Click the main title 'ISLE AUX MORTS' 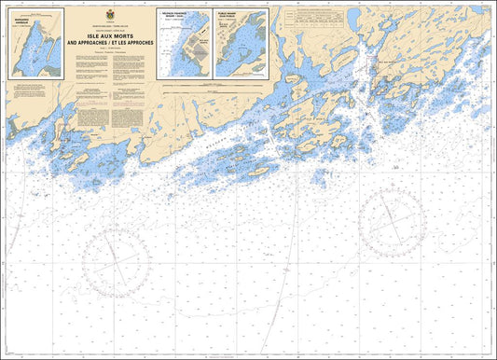tap(111, 35)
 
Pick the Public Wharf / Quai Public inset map tap(241, 44)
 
